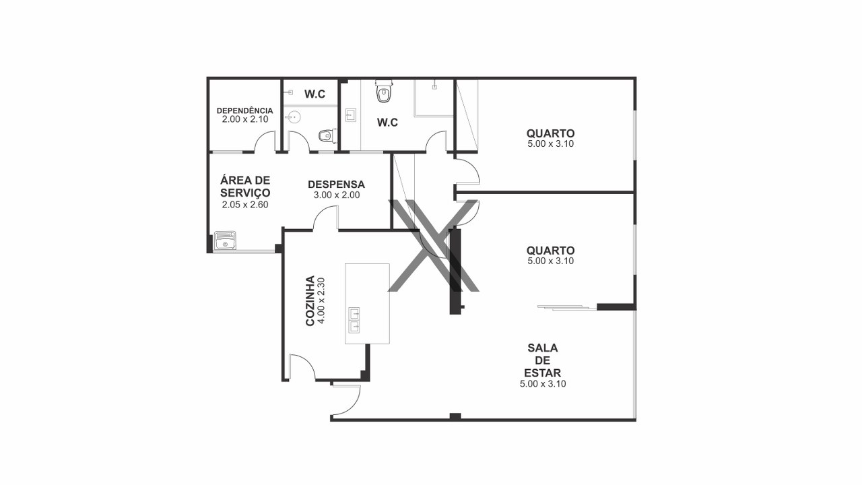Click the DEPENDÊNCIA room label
(x=244, y=110)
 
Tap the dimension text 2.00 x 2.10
(x=245, y=119)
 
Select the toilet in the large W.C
(x=383, y=91)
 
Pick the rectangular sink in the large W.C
(x=350, y=115)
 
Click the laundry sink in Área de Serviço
(x=225, y=240)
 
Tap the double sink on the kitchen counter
(x=354, y=320)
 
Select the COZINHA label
(x=310, y=300)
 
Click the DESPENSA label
(x=336, y=185)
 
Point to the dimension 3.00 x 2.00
(x=337, y=195)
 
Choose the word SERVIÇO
(x=245, y=193)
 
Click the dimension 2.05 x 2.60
(x=245, y=205)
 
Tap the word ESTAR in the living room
(x=543, y=373)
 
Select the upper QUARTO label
(x=551, y=133)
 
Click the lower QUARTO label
(x=551, y=251)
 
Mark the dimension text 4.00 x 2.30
(x=322, y=300)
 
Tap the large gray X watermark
(x=434, y=245)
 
